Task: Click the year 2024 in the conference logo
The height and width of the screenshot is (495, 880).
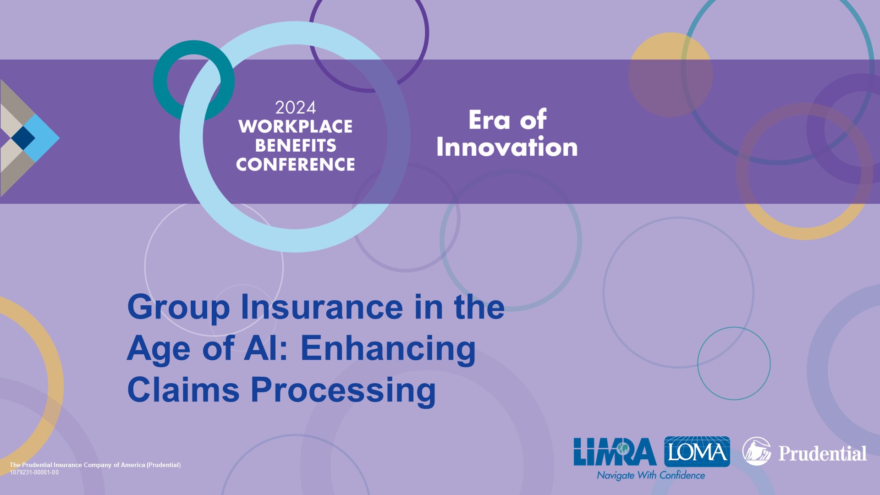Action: [x=296, y=108]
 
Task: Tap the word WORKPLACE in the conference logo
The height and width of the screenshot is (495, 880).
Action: [x=296, y=126]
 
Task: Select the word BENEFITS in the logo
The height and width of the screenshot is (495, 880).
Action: [x=296, y=145]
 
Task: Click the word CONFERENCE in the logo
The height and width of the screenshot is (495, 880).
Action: [x=296, y=164]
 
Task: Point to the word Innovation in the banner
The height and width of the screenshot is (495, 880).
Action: [x=507, y=147]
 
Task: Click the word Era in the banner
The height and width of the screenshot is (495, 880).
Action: [x=489, y=120]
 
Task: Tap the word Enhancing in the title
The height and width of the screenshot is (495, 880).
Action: [x=388, y=349]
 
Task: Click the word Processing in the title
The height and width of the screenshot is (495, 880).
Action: [x=343, y=390]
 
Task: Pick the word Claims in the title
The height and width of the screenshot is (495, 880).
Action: [x=183, y=390]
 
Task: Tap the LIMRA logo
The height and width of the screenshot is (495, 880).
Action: [x=615, y=451]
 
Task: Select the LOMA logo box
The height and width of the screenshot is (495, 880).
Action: [x=697, y=451]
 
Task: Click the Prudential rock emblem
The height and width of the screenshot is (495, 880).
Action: [x=757, y=451]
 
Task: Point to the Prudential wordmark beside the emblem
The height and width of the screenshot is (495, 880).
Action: [x=823, y=453]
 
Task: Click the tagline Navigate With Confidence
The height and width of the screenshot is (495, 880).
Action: [x=651, y=475]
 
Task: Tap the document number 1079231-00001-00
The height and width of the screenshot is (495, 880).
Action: [x=34, y=473]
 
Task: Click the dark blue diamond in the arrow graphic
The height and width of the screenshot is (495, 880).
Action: [x=23, y=137]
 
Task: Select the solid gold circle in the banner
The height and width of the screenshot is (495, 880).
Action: [x=671, y=75]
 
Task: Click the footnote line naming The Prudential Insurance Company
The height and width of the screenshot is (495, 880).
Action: [x=95, y=465]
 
